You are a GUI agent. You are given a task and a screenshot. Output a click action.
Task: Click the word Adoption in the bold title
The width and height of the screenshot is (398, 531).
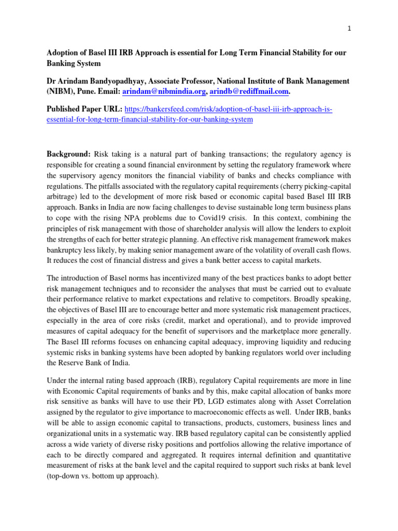click(65, 53)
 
